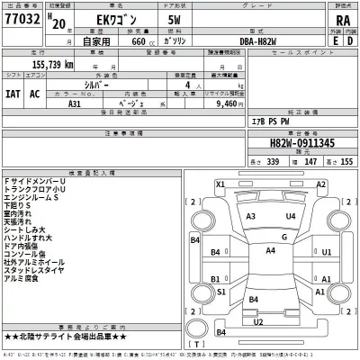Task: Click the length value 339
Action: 247,163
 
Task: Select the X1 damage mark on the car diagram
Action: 220,184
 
